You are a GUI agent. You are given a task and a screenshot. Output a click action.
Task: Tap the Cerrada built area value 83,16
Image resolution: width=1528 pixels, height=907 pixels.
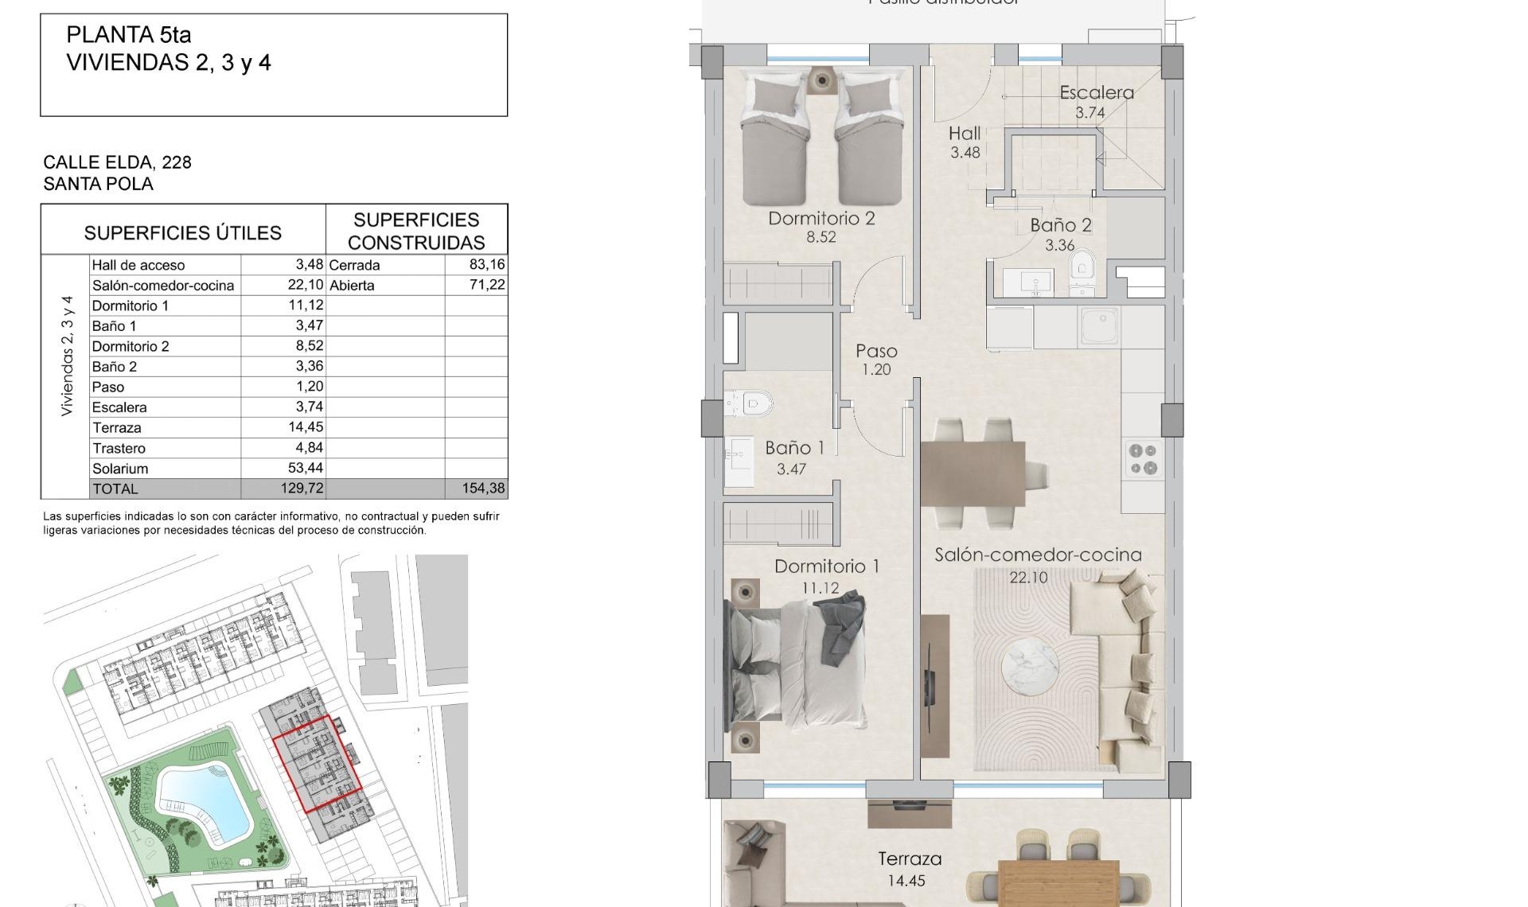pyautogui.click(x=487, y=264)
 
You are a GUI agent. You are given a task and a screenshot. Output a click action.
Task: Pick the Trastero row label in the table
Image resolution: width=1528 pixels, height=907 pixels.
pyautogui.click(x=119, y=448)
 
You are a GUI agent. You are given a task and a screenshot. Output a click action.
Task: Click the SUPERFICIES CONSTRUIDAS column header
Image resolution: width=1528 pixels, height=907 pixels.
pyautogui.click(x=416, y=231)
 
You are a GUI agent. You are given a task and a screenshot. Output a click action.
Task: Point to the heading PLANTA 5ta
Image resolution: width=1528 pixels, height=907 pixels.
pyautogui.click(x=129, y=35)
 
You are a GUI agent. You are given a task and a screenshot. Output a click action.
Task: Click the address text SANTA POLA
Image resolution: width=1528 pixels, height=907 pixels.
pyautogui.click(x=98, y=184)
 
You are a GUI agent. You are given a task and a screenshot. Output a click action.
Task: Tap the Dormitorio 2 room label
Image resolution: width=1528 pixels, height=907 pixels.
pyautogui.click(x=821, y=218)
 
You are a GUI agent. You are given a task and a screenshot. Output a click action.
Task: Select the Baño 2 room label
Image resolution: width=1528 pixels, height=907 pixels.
pyautogui.click(x=1060, y=225)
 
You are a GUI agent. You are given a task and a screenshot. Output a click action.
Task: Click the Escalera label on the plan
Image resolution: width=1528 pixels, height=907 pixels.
pyautogui.click(x=1096, y=92)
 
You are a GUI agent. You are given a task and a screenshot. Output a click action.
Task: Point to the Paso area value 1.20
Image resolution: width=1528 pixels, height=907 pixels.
pyautogui.click(x=876, y=369)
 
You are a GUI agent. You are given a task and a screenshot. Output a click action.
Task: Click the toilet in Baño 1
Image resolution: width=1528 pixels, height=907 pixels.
pyautogui.click(x=753, y=403)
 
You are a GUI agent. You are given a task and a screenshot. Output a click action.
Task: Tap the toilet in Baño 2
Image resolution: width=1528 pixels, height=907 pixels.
pyautogui.click(x=1082, y=266)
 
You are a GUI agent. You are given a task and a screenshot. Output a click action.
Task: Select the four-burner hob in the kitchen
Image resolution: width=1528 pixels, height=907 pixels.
pyautogui.click(x=1144, y=459)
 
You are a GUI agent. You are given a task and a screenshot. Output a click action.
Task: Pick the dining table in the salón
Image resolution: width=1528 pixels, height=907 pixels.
pyautogui.click(x=973, y=473)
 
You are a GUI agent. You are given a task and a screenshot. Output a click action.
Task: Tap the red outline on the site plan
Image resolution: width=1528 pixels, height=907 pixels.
pyautogui.click(x=318, y=762)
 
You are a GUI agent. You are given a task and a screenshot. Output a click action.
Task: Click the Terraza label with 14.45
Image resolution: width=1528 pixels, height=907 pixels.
pyautogui.click(x=909, y=859)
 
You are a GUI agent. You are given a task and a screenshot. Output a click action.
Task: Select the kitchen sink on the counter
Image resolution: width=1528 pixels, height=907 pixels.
pyautogui.click(x=1099, y=325)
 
